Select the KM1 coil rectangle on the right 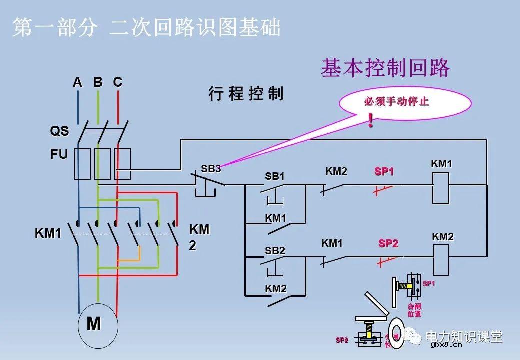441,188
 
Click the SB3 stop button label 211,169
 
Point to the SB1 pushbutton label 274,176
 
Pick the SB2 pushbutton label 275,251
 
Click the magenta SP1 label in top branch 384,172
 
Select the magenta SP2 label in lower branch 388,244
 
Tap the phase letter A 77,82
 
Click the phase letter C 117,82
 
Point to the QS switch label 59,131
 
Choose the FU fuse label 58,154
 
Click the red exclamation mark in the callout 370,120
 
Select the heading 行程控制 245,93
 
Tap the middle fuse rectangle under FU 102,163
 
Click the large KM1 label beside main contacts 48,233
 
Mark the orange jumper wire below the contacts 129,260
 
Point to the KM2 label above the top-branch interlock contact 336,172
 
